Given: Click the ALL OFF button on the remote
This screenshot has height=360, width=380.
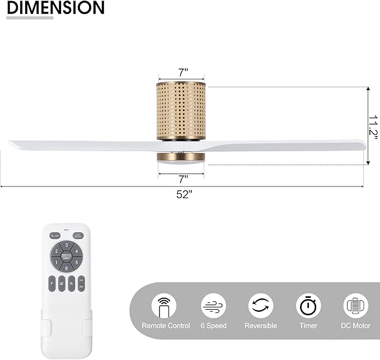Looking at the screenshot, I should [x=55, y=236].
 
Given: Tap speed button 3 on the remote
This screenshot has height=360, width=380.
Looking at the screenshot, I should [x=67, y=245].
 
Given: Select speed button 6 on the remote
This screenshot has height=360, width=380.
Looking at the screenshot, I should [x=67, y=268].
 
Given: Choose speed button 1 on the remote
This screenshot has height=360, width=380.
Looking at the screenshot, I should [x=57, y=262].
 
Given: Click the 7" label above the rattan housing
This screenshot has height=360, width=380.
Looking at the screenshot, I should [x=183, y=72].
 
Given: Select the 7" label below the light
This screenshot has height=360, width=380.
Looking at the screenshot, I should [x=183, y=179].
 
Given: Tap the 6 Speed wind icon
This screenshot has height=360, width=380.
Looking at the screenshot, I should [x=213, y=306].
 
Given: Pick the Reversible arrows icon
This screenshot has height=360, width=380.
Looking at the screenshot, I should [x=261, y=306].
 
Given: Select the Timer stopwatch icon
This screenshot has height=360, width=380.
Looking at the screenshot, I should [x=308, y=306].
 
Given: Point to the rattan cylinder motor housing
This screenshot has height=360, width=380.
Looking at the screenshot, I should [x=181, y=110].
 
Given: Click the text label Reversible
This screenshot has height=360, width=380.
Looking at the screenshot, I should [x=261, y=326].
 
